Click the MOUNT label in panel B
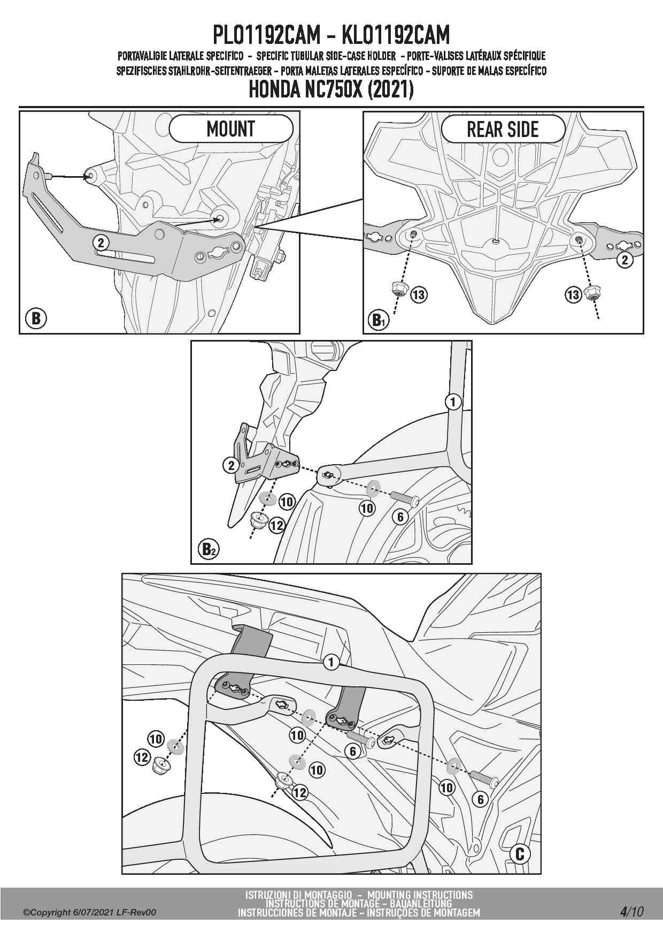click(x=231, y=129)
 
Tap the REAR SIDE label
click(x=503, y=130)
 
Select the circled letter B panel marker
click(x=36, y=318)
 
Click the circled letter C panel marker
click(x=520, y=854)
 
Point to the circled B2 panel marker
click(x=208, y=549)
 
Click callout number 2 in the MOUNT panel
click(x=101, y=243)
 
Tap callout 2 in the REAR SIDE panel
click(x=625, y=260)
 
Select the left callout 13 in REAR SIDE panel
click(x=419, y=294)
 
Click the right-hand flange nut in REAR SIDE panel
click(x=592, y=292)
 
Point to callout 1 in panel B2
click(x=453, y=402)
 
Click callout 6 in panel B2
click(x=400, y=517)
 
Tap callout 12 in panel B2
click(x=276, y=526)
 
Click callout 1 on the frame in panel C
click(x=331, y=662)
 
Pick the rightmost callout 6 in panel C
click(x=480, y=799)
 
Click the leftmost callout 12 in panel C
click(x=142, y=757)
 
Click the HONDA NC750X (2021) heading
click(x=331, y=90)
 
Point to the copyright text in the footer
click(x=90, y=912)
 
